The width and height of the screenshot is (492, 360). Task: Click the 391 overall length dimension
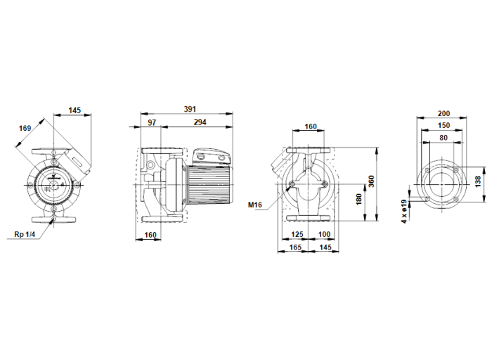point(190,109)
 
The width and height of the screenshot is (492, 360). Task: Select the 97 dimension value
point(153,123)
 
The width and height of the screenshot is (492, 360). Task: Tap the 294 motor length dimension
point(200,123)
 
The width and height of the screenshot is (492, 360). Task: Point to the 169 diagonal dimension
point(25,128)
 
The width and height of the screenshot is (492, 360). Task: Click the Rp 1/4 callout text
point(24,235)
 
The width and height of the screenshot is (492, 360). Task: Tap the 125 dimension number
point(297,233)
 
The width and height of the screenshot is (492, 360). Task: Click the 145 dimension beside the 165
point(325,247)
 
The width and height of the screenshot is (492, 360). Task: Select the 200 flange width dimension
point(444,113)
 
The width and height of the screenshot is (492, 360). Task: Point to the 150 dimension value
point(444,125)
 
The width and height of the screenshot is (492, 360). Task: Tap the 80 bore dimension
point(444,138)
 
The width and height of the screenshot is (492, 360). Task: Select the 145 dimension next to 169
point(75,110)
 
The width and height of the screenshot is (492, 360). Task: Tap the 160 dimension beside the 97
point(150,236)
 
